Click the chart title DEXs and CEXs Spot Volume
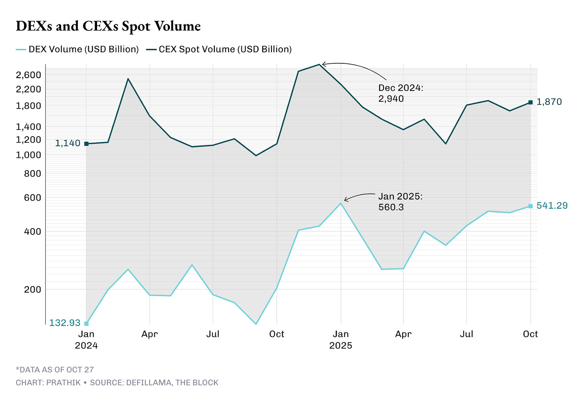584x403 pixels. pos(108,26)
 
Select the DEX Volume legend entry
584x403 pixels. pos(77,49)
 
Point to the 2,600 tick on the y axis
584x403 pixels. pos(28,75)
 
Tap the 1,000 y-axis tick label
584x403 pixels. pos(28,155)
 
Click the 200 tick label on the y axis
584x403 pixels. pos(32,289)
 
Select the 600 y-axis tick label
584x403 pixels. pos(32,197)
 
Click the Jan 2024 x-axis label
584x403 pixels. pos(86,339)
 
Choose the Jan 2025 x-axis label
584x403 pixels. pos(341,339)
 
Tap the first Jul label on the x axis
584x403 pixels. pos(213,334)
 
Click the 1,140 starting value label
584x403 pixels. pos(67,143)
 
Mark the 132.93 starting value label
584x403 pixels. pos(65,323)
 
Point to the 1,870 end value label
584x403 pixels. pos(549,102)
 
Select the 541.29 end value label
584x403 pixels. pos(552,206)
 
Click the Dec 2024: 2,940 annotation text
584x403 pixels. pos(400,93)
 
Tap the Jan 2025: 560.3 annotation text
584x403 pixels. pos(400,202)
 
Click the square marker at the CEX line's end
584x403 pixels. pos(530,103)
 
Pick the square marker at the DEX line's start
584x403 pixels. pos(86,323)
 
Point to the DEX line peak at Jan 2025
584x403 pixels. pos(341,203)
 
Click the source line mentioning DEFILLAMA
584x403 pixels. pos(117,383)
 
